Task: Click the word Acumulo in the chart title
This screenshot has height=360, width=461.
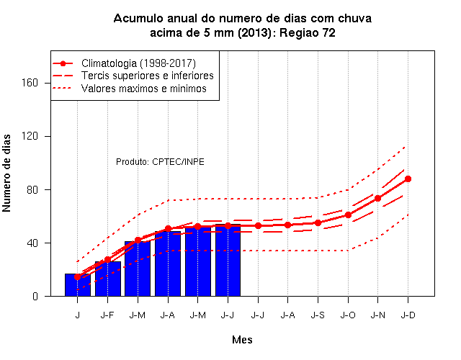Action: pos(138,18)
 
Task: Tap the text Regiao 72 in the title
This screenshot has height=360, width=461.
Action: pos(308,32)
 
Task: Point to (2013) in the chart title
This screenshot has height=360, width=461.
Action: pos(255,33)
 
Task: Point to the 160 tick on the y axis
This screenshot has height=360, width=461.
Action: pos(30,83)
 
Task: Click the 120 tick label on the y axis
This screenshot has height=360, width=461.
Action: pos(30,136)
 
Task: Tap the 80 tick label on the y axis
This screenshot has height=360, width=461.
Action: pos(32,189)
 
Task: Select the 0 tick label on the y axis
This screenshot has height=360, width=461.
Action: pos(35,296)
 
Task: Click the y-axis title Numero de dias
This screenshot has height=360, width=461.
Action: pos(6,173)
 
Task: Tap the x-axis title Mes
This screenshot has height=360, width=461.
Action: pos(242,340)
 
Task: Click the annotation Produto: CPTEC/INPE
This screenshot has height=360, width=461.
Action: pos(160,161)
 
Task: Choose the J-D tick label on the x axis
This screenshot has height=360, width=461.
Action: pos(408,315)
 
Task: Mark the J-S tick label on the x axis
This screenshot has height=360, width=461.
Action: pos(318,315)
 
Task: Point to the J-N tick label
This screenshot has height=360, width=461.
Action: pos(377,315)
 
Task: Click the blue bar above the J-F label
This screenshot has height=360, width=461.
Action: pos(107,279)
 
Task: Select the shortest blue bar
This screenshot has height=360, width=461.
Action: pos(78,285)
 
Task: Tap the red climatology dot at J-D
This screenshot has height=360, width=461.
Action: pos(408,179)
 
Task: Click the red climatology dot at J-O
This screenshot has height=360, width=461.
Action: pos(348,215)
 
